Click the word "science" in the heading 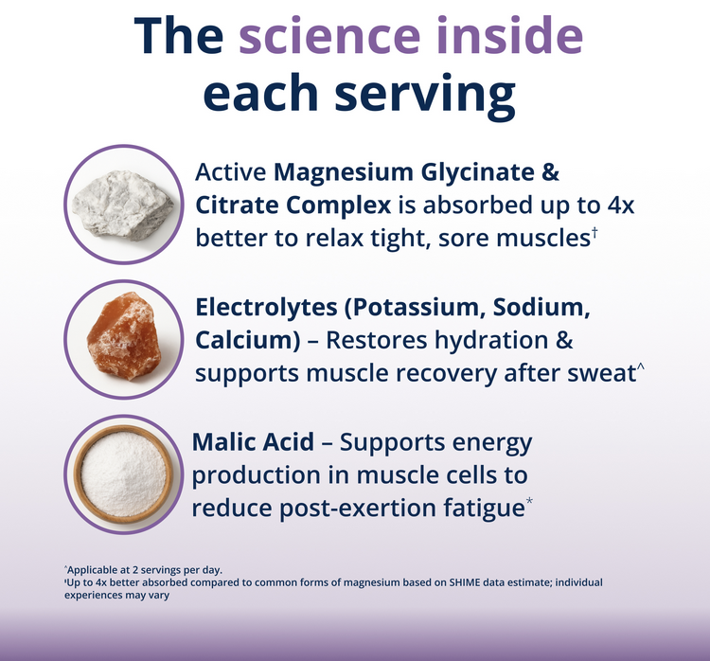329,36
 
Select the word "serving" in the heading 425,95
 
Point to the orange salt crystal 123,335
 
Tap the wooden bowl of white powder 123,473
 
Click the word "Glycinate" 477,173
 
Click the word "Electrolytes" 266,308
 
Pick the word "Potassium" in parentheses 416,308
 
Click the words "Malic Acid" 253,441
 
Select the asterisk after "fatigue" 529,501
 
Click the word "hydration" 490,340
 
